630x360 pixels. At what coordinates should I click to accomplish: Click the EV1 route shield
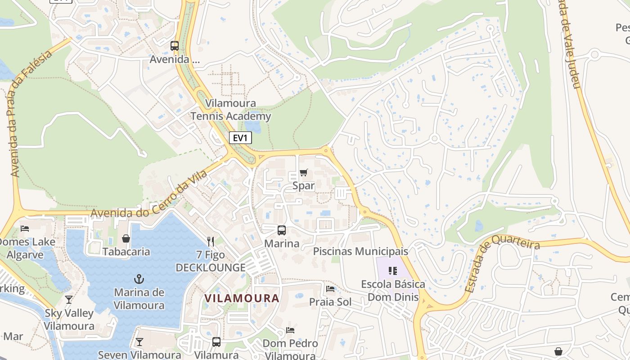[x=240, y=138]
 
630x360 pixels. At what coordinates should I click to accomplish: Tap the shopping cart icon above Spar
[x=304, y=172]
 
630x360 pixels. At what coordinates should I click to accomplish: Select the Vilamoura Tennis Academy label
[x=230, y=110]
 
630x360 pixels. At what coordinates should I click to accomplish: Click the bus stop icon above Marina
[x=282, y=230]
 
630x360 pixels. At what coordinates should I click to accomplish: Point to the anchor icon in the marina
[x=139, y=279]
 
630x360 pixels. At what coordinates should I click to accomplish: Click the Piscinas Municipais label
[x=360, y=251]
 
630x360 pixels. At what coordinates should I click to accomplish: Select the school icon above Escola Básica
[x=393, y=271]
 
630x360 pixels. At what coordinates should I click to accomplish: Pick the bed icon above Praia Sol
[x=330, y=289]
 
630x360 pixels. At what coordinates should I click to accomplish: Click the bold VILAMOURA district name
[x=242, y=298]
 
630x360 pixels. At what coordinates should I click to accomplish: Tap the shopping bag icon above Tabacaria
[x=126, y=238]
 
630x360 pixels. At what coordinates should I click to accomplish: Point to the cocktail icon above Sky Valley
[x=69, y=299]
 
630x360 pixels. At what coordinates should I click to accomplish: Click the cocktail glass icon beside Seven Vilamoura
[x=139, y=342]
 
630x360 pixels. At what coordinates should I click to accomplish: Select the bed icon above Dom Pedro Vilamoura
[x=290, y=330]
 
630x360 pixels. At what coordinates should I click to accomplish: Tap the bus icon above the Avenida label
[x=174, y=46]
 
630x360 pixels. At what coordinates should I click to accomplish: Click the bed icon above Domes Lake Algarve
[x=25, y=229]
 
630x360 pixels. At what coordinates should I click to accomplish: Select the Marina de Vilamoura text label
[x=139, y=299]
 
